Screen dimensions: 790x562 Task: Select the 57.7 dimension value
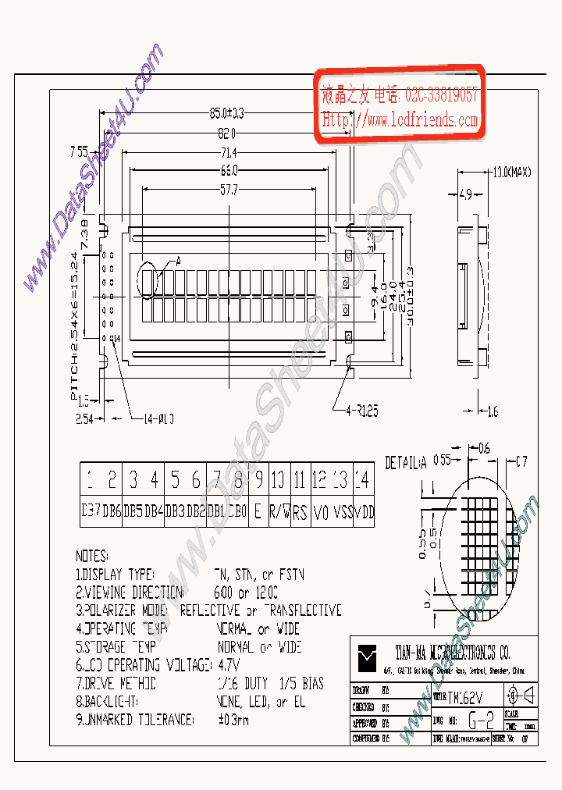[x=229, y=189]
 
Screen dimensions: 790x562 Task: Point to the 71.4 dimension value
[x=229, y=151]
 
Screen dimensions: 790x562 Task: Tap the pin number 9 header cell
[x=258, y=479]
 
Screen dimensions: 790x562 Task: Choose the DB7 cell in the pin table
[x=91, y=513]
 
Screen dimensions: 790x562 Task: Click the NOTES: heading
[x=92, y=557]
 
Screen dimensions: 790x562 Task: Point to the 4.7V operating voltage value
[x=228, y=665]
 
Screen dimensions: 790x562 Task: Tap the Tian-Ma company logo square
[x=366, y=659]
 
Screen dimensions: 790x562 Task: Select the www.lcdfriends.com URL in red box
[x=400, y=121]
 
